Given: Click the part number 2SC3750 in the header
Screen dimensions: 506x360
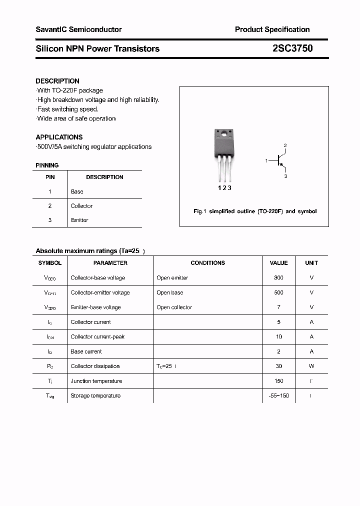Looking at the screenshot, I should point(292,48).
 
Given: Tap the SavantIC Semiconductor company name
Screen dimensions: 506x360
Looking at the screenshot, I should point(78,29).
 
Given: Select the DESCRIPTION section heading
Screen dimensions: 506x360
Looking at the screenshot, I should point(57,81).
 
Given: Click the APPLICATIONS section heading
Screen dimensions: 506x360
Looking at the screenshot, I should point(59,137).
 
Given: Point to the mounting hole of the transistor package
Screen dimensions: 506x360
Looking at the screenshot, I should point(224,134).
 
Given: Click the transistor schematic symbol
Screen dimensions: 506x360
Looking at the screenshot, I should point(279,160).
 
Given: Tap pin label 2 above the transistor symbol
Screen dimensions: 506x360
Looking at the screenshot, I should point(285,145).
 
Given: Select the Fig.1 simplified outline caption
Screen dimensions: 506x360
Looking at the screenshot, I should point(255,211).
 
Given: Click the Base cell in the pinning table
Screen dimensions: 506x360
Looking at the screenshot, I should point(77,191).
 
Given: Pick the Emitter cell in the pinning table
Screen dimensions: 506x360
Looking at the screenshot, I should point(79,220).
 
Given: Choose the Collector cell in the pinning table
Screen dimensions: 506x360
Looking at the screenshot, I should point(81,206).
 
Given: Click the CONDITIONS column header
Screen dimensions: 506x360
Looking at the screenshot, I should point(207,263).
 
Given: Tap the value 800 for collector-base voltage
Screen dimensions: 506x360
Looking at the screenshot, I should point(278,278).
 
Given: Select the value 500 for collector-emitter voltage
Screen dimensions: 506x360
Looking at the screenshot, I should point(278,292).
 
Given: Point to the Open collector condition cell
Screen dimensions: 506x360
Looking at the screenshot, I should point(174,307).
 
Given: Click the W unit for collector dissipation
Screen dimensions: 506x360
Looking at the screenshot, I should point(311,366).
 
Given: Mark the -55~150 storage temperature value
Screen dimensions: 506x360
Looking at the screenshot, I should point(278,395).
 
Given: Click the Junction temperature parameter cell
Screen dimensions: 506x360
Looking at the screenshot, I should point(96,381).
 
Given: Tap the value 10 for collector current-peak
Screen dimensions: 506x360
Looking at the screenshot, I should point(278,337).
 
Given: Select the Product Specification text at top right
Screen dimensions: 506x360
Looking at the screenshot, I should point(272,29).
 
